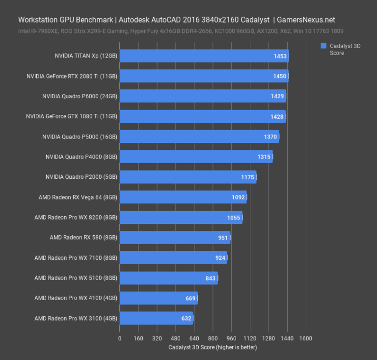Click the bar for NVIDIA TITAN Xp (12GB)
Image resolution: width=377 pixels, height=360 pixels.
(x=204, y=56)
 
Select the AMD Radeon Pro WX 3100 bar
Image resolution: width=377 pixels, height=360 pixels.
(x=156, y=318)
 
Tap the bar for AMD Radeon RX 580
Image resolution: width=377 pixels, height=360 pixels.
(x=175, y=238)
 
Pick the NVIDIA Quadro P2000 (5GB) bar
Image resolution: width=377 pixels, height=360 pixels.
(x=188, y=177)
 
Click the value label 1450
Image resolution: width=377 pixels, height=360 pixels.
(x=280, y=76)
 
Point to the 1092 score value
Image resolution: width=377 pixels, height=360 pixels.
(x=238, y=197)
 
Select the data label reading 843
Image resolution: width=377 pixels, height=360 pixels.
(x=211, y=278)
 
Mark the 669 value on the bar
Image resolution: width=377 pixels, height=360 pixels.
(x=190, y=298)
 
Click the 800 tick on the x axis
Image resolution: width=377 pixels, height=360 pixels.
(x=213, y=338)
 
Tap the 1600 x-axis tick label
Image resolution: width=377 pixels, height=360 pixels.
(x=305, y=338)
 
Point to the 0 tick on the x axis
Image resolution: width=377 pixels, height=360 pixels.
(x=120, y=338)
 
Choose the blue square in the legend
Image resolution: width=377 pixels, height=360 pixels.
(x=323, y=46)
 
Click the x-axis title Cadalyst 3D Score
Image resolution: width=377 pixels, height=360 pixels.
(x=212, y=347)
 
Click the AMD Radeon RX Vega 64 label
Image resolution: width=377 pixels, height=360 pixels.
(x=78, y=197)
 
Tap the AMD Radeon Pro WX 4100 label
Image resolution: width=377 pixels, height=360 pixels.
(x=76, y=298)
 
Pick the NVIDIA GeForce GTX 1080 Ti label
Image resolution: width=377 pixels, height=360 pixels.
(x=72, y=116)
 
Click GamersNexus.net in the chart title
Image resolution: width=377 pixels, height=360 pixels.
(x=306, y=20)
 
